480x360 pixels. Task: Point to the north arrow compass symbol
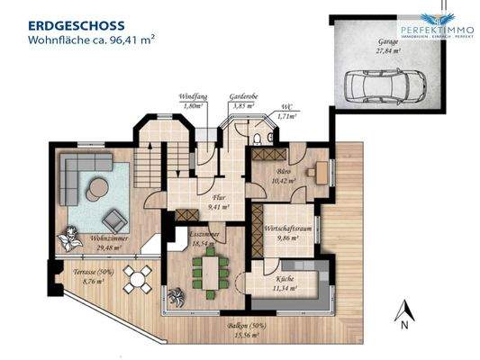click(404, 314)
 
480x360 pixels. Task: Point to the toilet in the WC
click(258, 139)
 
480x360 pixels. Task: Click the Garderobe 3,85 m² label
click(244, 101)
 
